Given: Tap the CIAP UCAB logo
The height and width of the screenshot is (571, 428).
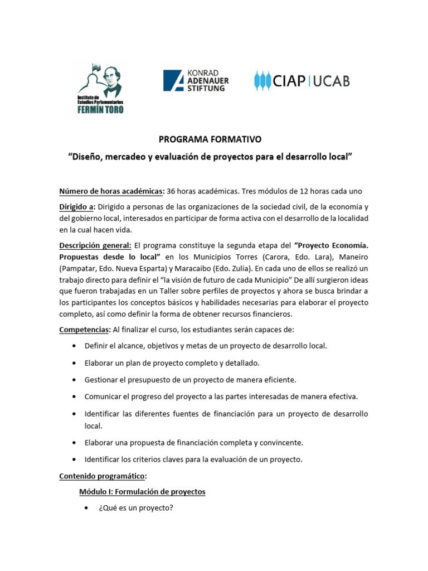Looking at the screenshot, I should [301, 81].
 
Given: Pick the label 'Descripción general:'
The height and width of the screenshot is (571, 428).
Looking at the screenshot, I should [95, 245].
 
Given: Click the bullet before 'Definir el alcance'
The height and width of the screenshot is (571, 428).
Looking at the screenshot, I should [75, 346].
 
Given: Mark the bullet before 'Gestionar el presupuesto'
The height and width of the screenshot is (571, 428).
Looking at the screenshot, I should [75, 380].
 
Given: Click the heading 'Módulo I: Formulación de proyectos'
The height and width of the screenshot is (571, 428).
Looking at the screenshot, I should [142, 492].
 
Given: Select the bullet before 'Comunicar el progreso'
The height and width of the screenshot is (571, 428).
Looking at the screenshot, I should [75, 397].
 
